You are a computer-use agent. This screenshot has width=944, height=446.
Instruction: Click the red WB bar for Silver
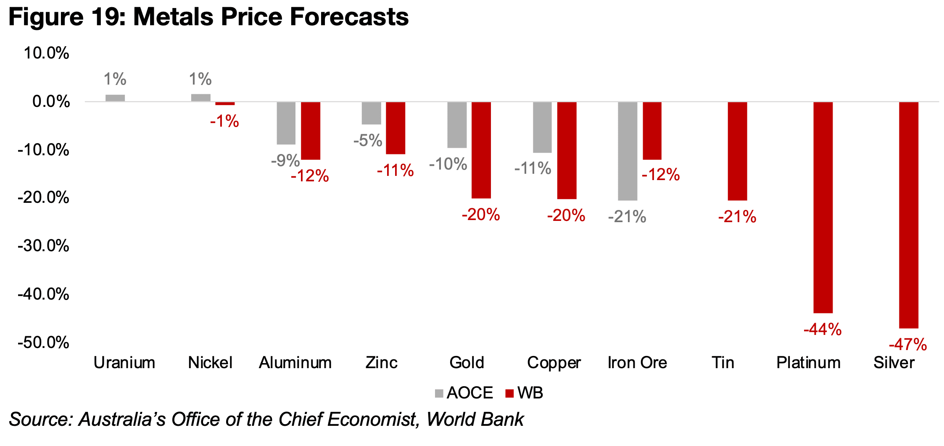908,215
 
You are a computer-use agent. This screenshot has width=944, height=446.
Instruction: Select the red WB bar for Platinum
823,207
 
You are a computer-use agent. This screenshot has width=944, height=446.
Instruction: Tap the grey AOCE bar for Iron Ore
628,151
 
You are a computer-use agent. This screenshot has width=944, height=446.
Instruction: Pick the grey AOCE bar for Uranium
115,98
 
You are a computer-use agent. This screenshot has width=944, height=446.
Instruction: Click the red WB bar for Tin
737,151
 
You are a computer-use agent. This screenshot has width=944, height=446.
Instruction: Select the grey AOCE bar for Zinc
371,113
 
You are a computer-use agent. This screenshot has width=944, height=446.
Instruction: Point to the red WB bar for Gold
481,150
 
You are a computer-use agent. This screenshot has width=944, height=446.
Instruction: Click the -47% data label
908,345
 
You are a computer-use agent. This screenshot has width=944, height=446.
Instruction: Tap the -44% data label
823,329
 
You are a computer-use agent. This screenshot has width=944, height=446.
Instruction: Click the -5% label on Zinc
368,141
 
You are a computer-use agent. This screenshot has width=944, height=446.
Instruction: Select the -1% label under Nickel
224,122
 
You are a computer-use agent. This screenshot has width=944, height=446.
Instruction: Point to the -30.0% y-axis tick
43,246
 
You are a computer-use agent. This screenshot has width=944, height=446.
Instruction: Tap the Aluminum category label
295,363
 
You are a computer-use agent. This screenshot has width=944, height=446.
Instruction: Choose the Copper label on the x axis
554,363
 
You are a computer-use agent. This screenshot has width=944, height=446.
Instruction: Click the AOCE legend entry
464,393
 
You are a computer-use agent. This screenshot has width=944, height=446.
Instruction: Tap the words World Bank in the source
475,419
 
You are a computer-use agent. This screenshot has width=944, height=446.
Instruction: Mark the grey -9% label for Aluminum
285,160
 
